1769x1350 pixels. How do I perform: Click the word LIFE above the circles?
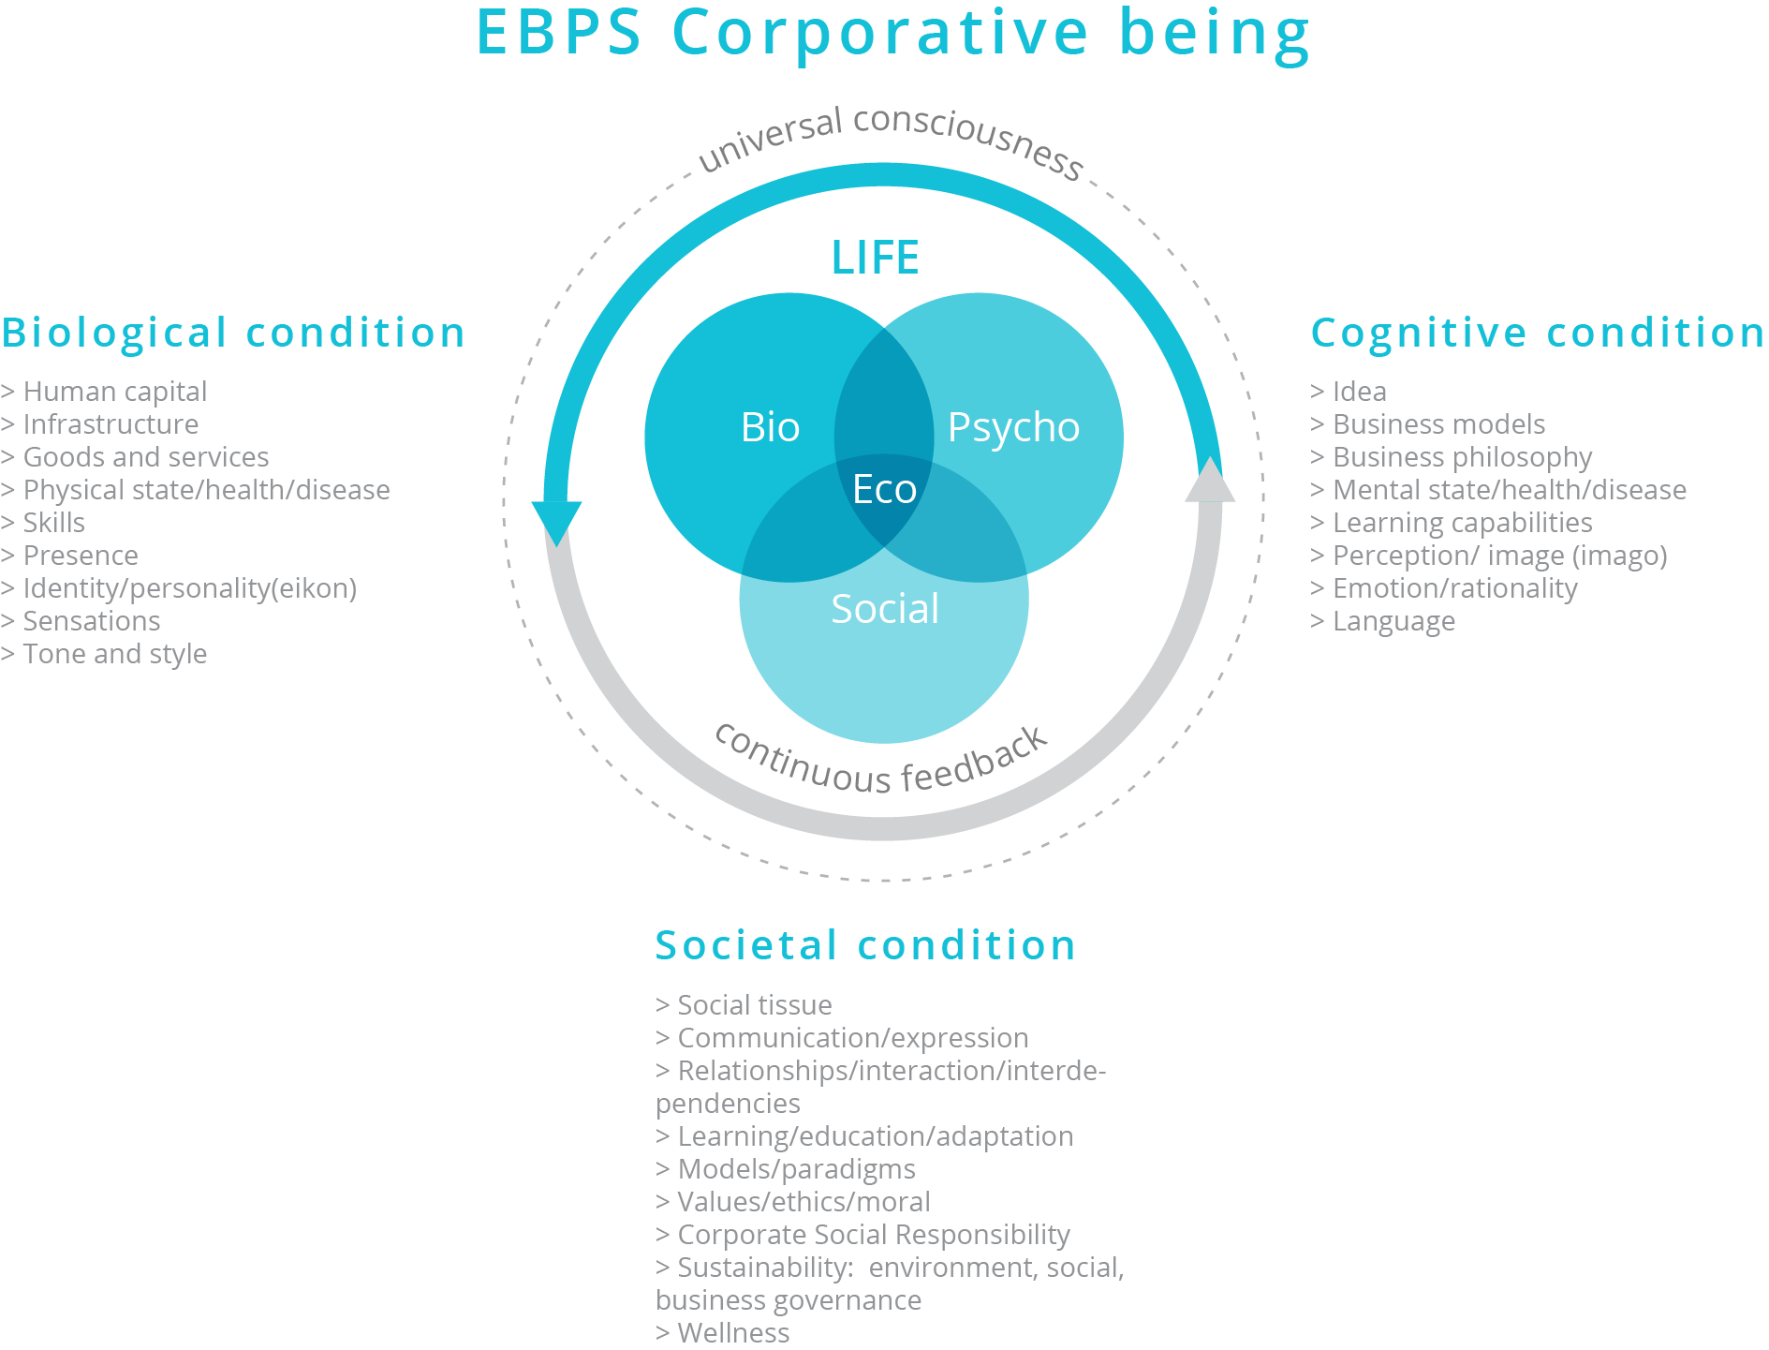(x=875, y=258)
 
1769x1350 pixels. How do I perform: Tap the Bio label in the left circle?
(x=770, y=427)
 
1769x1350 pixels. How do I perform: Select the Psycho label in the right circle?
(x=1013, y=429)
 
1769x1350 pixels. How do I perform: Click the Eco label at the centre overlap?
(x=884, y=489)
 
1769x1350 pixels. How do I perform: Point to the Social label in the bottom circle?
(x=885, y=609)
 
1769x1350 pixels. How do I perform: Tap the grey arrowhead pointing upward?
(x=1210, y=479)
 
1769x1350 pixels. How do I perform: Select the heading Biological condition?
(x=233, y=333)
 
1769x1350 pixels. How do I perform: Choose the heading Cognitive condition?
(x=1538, y=333)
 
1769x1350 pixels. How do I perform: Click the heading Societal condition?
(x=865, y=945)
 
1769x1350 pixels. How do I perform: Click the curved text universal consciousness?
(x=891, y=141)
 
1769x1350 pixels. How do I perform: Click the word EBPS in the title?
(x=559, y=33)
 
